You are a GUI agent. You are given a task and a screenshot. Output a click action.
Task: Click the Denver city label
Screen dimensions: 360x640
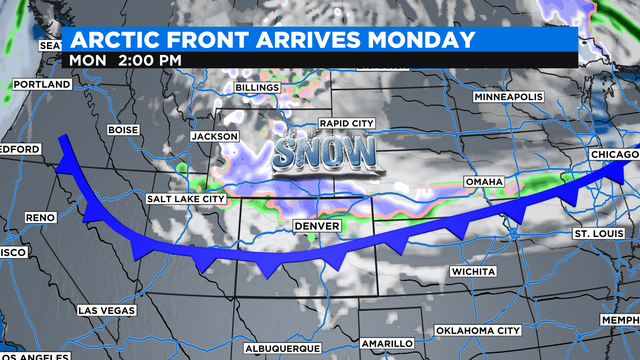click(x=318, y=227)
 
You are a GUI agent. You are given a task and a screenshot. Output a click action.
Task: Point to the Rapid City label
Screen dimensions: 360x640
click(x=347, y=123)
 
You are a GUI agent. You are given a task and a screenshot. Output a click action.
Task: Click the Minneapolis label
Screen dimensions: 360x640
click(x=508, y=97)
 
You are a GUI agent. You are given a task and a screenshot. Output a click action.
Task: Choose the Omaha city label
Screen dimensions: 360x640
click(x=484, y=182)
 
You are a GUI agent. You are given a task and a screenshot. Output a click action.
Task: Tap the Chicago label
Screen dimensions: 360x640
click(x=613, y=155)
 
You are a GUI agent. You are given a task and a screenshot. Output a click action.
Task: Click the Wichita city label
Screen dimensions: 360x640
click(x=473, y=271)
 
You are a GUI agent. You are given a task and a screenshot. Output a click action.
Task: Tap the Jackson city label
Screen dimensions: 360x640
click(x=214, y=136)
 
